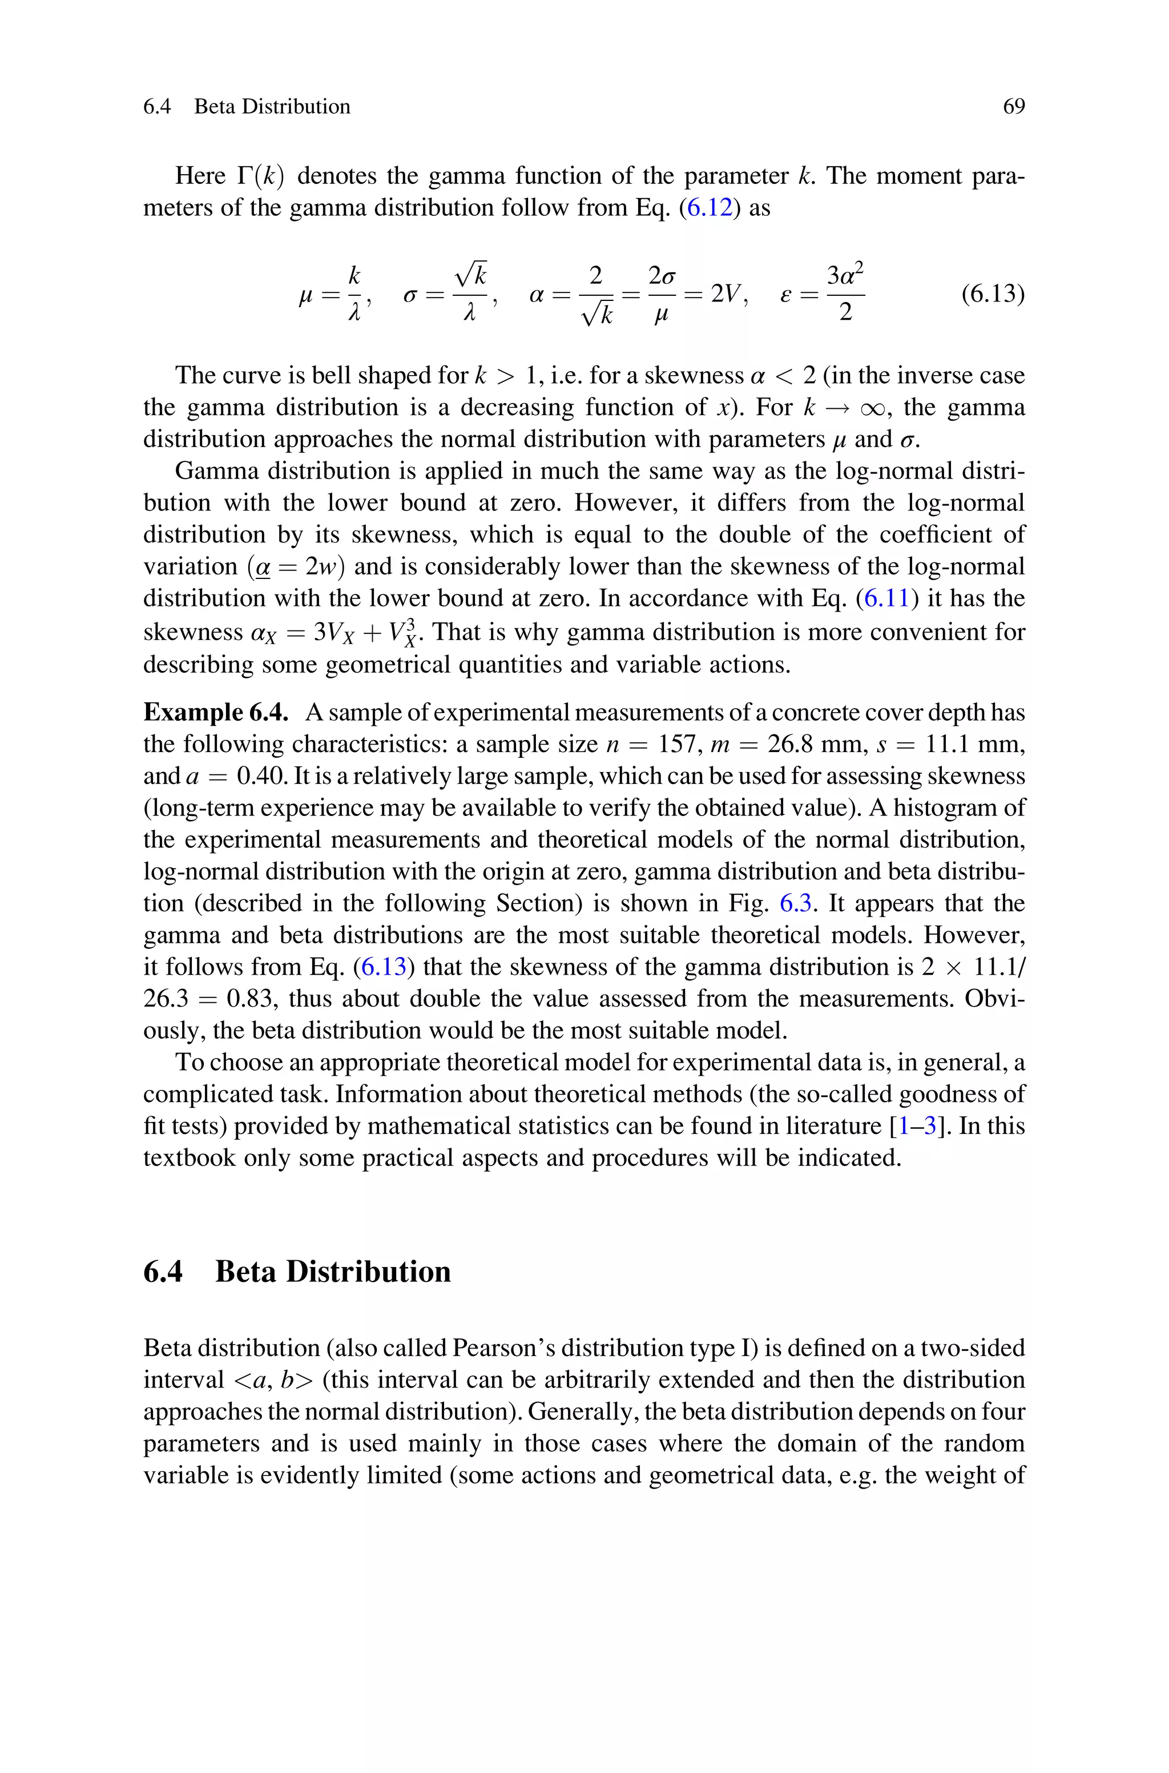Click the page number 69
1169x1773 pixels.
click(x=1013, y=107)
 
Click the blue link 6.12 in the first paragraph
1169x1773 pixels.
click(x=709, y=207)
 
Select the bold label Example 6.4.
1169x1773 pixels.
click(x=215, y=713)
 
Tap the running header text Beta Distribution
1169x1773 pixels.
click(x=272, y=107)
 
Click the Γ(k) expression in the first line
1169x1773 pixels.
click(x=261, y=176)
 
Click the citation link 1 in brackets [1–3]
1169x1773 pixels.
click(x=904, y=1126)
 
